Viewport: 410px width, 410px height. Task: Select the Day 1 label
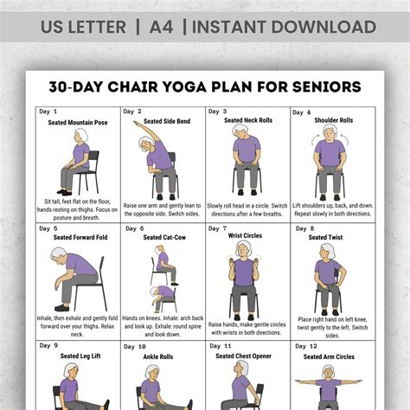(49, 112)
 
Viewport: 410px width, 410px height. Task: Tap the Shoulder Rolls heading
(333, 121)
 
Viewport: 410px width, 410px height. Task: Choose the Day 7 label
(219, 228)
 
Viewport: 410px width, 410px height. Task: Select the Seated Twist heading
(333, 238)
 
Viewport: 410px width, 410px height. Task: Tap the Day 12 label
(305, 346)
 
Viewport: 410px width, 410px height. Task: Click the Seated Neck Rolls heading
(248, 121)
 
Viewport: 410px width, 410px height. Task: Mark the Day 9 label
(49, 346)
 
